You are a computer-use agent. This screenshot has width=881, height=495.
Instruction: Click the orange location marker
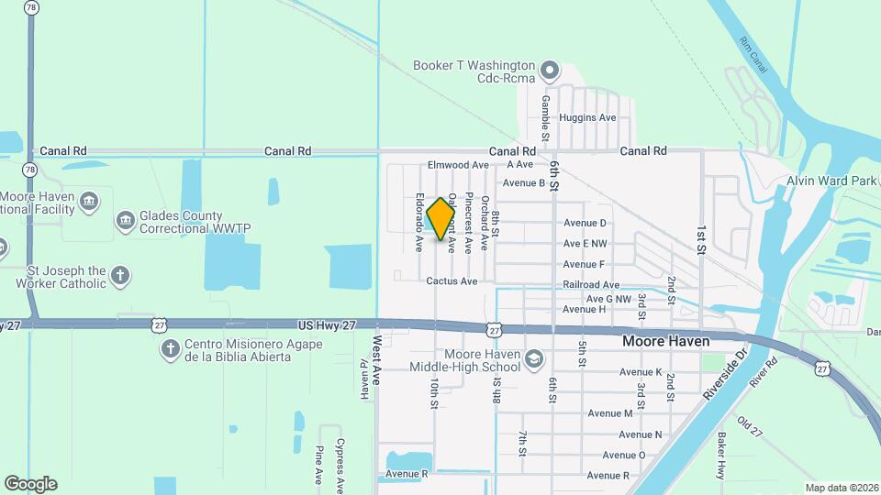click(x=441, y=218)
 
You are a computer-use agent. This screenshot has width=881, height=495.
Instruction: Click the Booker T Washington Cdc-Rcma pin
click(x=550, y=70)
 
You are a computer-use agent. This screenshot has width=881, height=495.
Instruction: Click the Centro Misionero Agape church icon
click(x=169, y=348)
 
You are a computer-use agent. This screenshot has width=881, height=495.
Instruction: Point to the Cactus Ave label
click(x=452, y=281)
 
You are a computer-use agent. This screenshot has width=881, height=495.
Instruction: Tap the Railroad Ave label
click(x=591, y=285)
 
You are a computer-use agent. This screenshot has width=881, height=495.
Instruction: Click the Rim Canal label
click(x=753, y=53)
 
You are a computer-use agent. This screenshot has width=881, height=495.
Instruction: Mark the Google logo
click(x=30, y=484)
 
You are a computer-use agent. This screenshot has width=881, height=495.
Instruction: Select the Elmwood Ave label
click(x=458, y=165)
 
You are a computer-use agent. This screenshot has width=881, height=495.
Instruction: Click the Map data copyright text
click(x=842, y=488)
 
